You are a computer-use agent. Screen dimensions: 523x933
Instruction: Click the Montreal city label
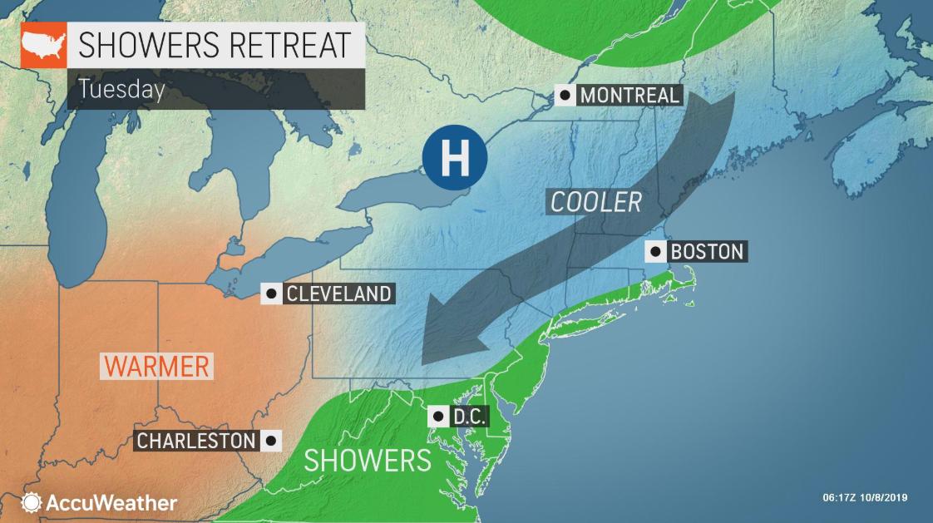(629, 95)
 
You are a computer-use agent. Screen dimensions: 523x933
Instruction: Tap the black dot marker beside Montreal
(565, 95)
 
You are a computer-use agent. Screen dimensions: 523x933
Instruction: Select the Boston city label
(707, 251)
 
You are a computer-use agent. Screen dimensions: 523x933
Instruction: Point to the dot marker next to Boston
(656, 251)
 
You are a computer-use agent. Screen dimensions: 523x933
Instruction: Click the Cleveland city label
(338, 294)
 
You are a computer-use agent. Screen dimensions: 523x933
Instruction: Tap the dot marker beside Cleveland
(270, 294)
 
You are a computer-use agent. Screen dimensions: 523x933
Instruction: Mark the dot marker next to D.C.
(437, 416)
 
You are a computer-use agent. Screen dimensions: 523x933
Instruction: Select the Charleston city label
(195, 440)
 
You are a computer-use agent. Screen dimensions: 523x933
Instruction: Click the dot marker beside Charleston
(270, 440)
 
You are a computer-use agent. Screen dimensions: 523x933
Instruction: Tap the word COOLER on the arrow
(595, 202)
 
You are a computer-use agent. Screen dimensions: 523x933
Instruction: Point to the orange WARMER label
(156, 366)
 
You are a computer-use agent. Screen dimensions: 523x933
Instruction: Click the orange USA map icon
(43, 46)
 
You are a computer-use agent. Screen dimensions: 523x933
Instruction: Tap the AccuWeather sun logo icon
(32, 502)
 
